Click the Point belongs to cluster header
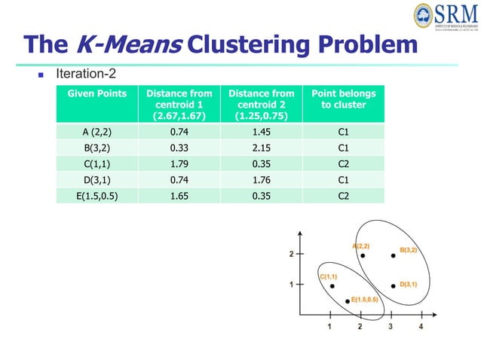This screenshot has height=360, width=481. [x=343, y=99]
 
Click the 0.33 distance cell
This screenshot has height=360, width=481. [x=179, y=148]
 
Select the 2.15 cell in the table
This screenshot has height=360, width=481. [x=262, y=148]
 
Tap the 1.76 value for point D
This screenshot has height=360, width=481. [x=262, y=180]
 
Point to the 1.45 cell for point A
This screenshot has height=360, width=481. [x=262, y=133]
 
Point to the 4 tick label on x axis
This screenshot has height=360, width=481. [x=421, y=326]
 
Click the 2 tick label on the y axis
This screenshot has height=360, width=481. [x=291, y=254]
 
